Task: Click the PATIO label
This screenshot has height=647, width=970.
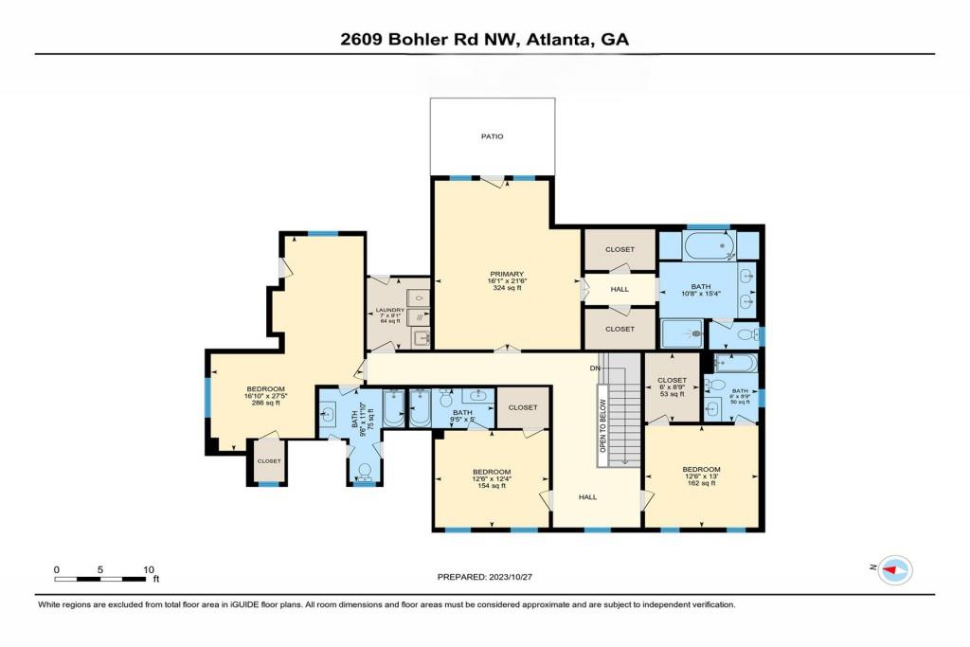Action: coord(492,136)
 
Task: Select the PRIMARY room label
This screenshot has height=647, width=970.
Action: coord(506,280)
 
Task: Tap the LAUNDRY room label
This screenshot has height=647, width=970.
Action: coord(391,315)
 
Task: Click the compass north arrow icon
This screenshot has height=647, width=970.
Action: coord(894,569)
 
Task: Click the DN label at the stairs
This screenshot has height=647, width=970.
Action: coord(595,368)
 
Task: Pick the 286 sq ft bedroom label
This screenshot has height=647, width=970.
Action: coord(266,396)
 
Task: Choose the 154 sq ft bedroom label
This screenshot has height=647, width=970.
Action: coord(492,478)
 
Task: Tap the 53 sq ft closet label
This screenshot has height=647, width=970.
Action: coord(672,386)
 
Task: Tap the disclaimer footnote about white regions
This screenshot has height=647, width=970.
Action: coord(386,604)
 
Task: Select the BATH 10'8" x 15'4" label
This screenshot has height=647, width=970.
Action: coord(700,291)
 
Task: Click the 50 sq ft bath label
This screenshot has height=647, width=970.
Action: coord(739,395)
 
